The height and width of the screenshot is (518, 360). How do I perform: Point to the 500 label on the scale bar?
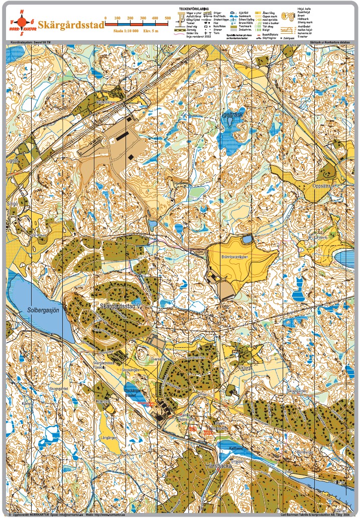(168, 18)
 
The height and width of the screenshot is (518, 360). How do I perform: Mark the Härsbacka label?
(219, 466)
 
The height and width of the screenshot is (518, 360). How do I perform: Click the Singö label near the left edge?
(13, 203)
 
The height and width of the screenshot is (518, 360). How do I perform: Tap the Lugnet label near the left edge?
(12, 161)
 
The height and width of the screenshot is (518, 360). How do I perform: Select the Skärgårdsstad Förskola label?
(104, 365)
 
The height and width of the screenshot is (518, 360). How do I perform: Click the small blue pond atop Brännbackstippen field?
(246, 240)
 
